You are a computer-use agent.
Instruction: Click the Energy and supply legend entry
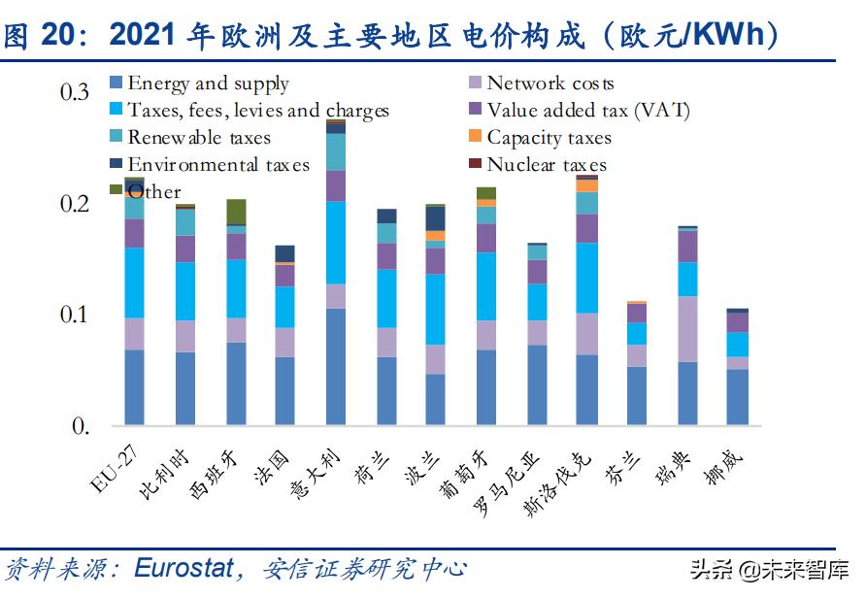tap(208, 84)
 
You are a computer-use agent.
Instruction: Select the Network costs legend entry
tap(550, 84)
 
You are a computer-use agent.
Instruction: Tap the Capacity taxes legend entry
tap(549, 138)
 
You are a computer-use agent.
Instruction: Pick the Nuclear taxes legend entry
tap(546, 165)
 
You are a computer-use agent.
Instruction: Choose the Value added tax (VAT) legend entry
tap(587, 111)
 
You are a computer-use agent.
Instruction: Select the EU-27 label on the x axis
tap(112, 467)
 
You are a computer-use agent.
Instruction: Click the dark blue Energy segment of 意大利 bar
tap(335, 367)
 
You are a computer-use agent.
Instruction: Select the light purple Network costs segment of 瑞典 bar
tap(687, 329)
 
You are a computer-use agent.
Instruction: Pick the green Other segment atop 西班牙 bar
tap(235, 211)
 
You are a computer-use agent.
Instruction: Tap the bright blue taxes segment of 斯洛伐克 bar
tap(586, 278)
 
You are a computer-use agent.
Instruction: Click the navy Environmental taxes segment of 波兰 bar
tap(435, 218)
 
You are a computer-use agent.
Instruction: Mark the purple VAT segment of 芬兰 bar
tap(637, 314)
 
